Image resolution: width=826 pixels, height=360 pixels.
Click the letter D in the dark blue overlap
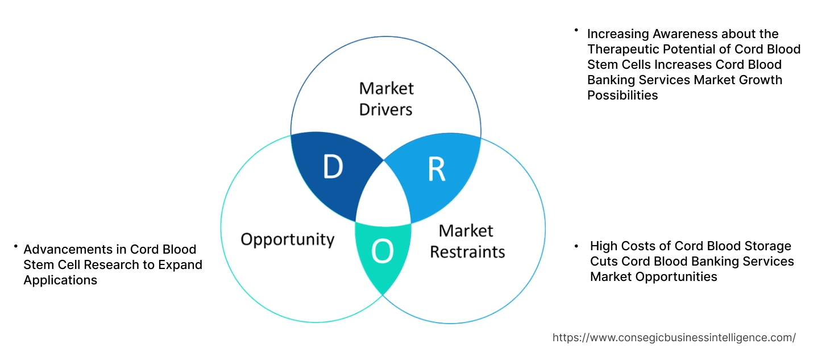pyautogui.click(x=333, y=167)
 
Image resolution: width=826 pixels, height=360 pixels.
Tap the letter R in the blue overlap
pyautogui.click(x=436, y=169)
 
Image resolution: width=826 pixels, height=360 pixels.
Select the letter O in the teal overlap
pyautogui.click(x=383, y=252)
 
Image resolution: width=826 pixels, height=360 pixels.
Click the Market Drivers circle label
pyautogui.click(x=386, y=98)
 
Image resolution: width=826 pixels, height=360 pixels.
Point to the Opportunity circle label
pyautogui.click(x=287, y=239)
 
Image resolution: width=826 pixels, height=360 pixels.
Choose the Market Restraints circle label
pyautogui.click(x=467, y=241)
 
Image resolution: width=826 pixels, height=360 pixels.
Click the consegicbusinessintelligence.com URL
pyautogui.click(x=674, y=337)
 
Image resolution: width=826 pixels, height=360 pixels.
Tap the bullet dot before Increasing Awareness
pyautogui.click(x=576, y=30)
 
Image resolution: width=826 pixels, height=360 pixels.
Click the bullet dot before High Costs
pyautogui.click(x=576, y=246)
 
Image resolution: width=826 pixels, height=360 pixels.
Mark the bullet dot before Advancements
pyautogui.click(x=15, y=247)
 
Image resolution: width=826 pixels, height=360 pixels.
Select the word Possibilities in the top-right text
pyautogui.click(x=622, y=96)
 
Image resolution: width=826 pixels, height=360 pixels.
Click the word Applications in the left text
pyautogui.click(x=60, y=280)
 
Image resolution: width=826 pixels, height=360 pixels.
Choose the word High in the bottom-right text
pyautogui.click(x=604, y=246)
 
